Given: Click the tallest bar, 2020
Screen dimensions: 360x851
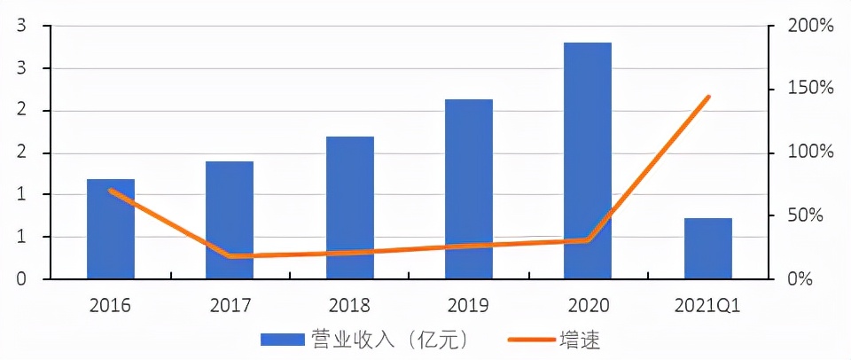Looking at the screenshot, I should [x=588, y=160].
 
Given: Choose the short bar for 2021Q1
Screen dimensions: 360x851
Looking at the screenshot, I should [x=708, y=248].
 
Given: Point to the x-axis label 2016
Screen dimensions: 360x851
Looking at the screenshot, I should [x=111, y=306].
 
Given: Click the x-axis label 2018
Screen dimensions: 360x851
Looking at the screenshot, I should [x=350, y=306].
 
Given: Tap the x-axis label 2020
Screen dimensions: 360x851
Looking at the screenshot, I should [x=589, y=306].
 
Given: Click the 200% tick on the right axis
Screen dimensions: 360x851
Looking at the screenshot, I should [x=811, y=27].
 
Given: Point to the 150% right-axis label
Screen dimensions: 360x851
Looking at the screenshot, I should [x=811, y=90].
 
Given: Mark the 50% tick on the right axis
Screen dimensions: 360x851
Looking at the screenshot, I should [x=814, y=215].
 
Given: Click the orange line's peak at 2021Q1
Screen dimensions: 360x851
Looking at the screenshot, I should [x=708, y=97].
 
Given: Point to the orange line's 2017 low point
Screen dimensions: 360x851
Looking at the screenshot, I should [x=230, y=256].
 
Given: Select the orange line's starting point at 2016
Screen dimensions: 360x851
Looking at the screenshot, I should [x=111, y=190].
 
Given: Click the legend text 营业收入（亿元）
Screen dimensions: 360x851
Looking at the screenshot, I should [x=388, y=339].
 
